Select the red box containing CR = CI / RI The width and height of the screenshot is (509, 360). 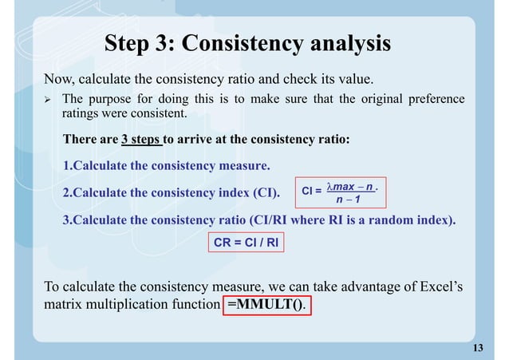[x=247, y=241]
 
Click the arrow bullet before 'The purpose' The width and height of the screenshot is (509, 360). [x=47, y=100]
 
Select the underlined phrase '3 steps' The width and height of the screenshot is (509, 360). [x=142, y=140]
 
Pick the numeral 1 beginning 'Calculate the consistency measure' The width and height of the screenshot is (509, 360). [x=66, y=166]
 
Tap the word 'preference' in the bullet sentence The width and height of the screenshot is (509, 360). [x=435, y=99]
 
